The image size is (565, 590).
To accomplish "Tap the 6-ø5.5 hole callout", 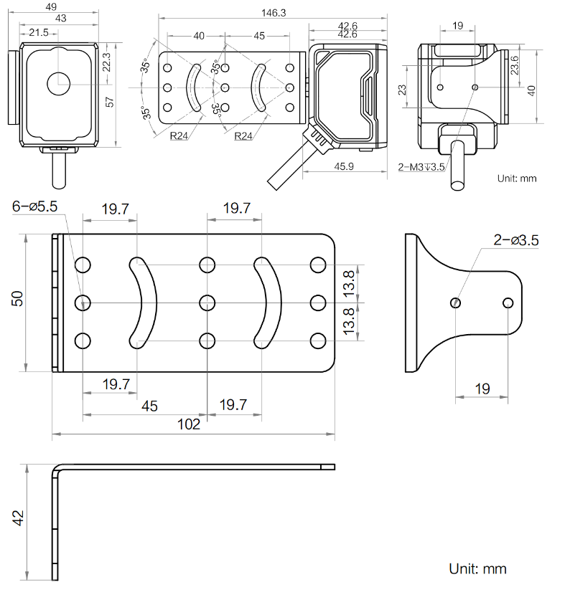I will tap(34, 207).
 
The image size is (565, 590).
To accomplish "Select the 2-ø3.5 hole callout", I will tap(515, 240).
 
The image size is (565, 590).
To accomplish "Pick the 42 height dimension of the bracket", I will tap(19, 518).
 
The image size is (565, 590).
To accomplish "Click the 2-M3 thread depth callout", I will tap(421, 168).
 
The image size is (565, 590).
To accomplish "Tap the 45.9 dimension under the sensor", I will tap(345, 166).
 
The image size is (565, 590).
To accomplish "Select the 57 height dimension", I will tap(110, 101).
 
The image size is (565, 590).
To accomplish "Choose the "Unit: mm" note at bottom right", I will tap(477, 569).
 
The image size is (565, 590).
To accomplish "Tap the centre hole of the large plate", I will tap(207, 302).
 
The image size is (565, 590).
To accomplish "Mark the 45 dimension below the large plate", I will tap(149, 406).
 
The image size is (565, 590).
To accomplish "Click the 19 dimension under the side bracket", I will tap(482, 389).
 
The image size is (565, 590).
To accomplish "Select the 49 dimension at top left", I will tap(50, 6).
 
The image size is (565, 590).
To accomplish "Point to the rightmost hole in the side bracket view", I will tap(508, 303).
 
